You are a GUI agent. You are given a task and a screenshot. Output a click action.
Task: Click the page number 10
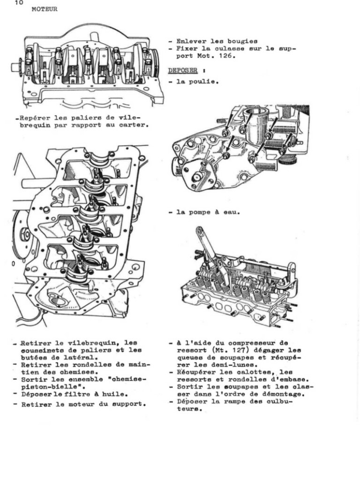pos(19,3)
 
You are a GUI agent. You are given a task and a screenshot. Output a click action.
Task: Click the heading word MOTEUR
pos(45,9)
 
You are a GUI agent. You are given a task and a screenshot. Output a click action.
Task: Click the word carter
pos(136,125)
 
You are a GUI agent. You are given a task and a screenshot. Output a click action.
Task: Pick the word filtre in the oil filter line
pos(85,395)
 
